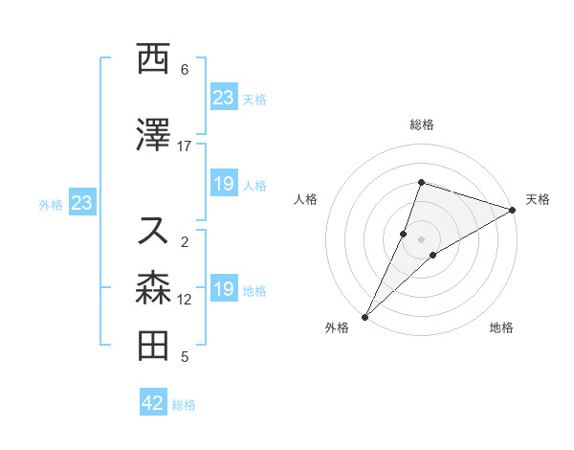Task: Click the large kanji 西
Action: [x=153, y=59]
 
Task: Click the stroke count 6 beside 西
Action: [x=185, y=69]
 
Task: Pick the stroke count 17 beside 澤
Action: [x=185, y=146]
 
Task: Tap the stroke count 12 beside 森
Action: [x=185, y=300]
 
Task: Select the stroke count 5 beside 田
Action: [x=185, y=357]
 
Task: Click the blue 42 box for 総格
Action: [x=153, y=403]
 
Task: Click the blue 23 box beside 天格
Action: [x=224, y=98]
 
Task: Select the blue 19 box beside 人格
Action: [x=224, y=184]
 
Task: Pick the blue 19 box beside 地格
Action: [x=224, y=289]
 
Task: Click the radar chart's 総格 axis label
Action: [x=421, y=124]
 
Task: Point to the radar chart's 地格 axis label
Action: [x=501, y=328]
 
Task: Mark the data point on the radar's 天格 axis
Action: [x=513, y=210]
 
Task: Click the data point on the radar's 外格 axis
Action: [x=364, y=316]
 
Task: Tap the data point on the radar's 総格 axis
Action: [x=421, y=182]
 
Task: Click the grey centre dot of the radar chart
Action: [x=421, y=238]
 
